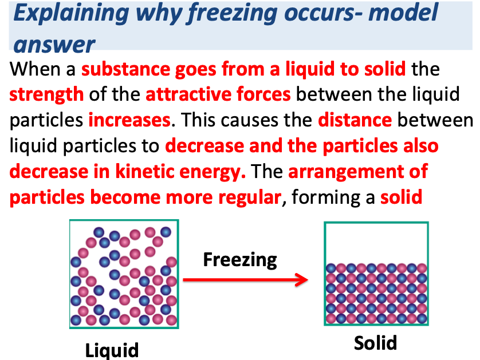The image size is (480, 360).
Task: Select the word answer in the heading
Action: tap(54, 45)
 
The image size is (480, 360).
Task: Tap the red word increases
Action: tap(129, 120)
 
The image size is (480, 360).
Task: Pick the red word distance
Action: tap(355, 120)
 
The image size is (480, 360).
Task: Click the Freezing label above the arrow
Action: tap(240, 259)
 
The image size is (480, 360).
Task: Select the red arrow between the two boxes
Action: tap(246, 280)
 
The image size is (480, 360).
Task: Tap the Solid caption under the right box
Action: tap(375, 342)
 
